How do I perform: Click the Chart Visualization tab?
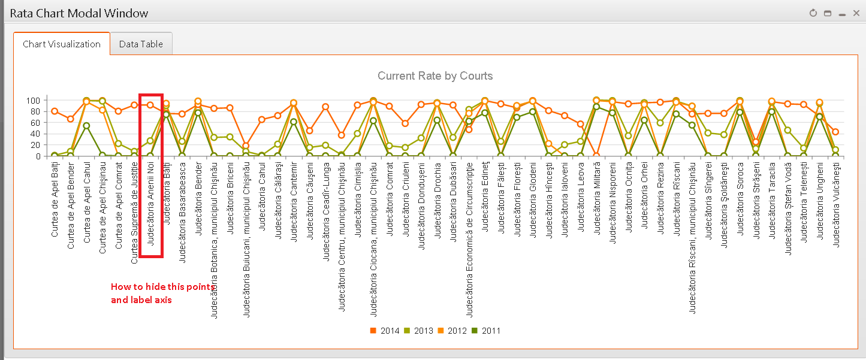(x=62, y=44)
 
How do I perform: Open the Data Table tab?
(x=141, y=44)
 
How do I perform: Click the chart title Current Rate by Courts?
(x=435, y=76)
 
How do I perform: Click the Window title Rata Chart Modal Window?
(x=79, y=13)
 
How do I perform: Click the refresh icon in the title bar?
(x=813, y=13)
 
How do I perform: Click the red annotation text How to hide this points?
(x=162, y=287)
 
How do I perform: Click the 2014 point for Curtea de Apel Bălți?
(x=55, y=111)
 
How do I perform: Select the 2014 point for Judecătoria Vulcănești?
(x=835, y=132)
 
